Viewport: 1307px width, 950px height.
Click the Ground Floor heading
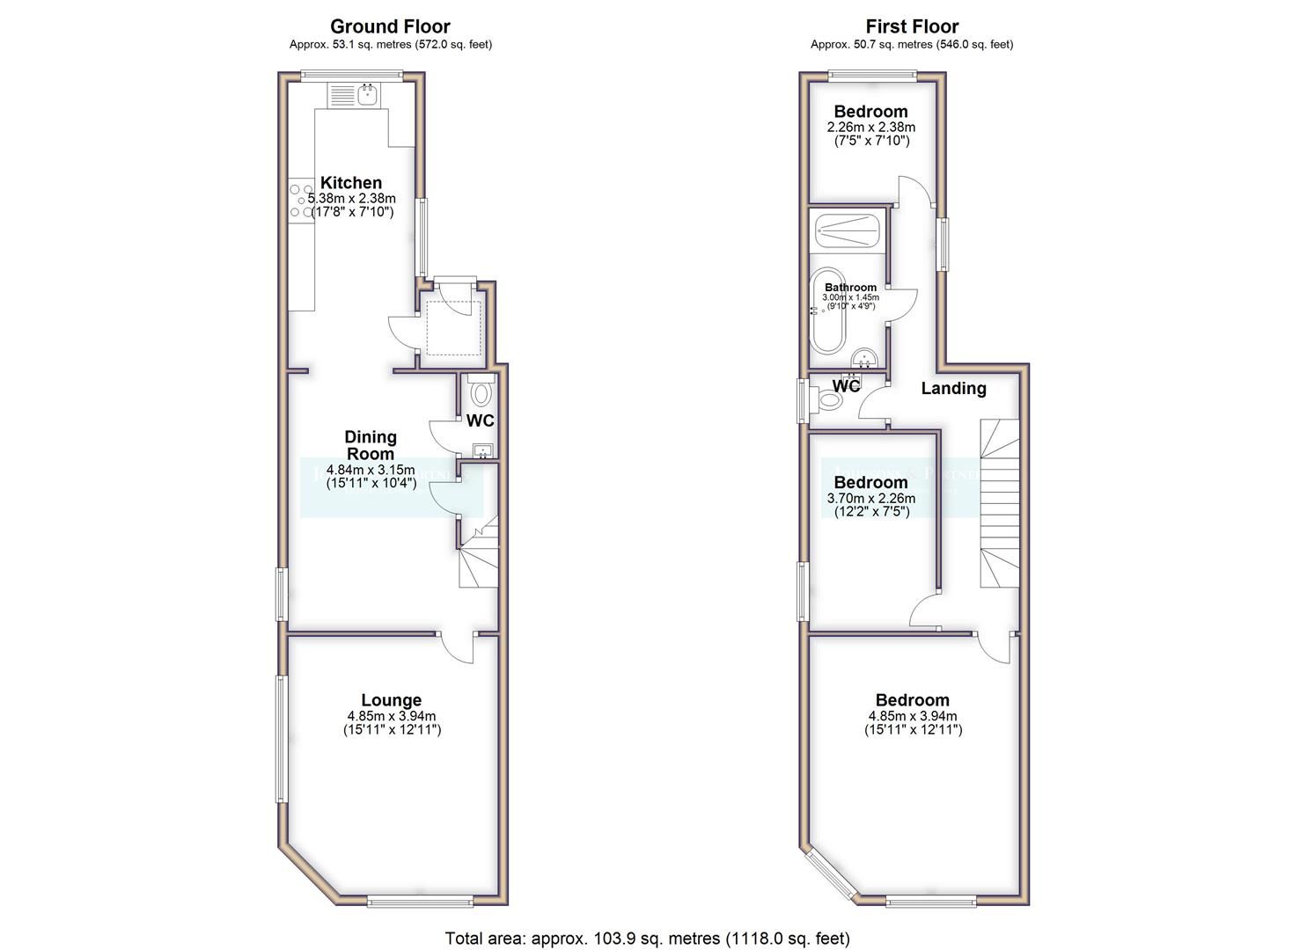coord(390,26)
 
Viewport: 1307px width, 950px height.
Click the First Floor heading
coord(911,26)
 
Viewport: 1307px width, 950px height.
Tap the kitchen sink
coord(367,93)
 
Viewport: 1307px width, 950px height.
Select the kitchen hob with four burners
coord(300,200)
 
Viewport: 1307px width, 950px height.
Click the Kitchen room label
coord(350,183)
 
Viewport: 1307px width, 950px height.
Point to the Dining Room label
coord(370,445)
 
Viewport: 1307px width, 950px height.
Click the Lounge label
coord(392,700)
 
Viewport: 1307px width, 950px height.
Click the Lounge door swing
coord(456,649)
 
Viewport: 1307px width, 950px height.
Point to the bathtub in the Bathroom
coord(828,311)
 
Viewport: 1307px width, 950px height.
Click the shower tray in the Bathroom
coord(846,231)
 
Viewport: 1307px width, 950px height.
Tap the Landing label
coord(953,388)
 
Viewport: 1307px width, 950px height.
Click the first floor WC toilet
coord(828,401)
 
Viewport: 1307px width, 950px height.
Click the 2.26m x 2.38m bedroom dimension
coord(870,128)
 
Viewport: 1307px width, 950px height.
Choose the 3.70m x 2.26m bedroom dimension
coord(870,499)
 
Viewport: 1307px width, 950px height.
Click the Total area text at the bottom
coord(647,939)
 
